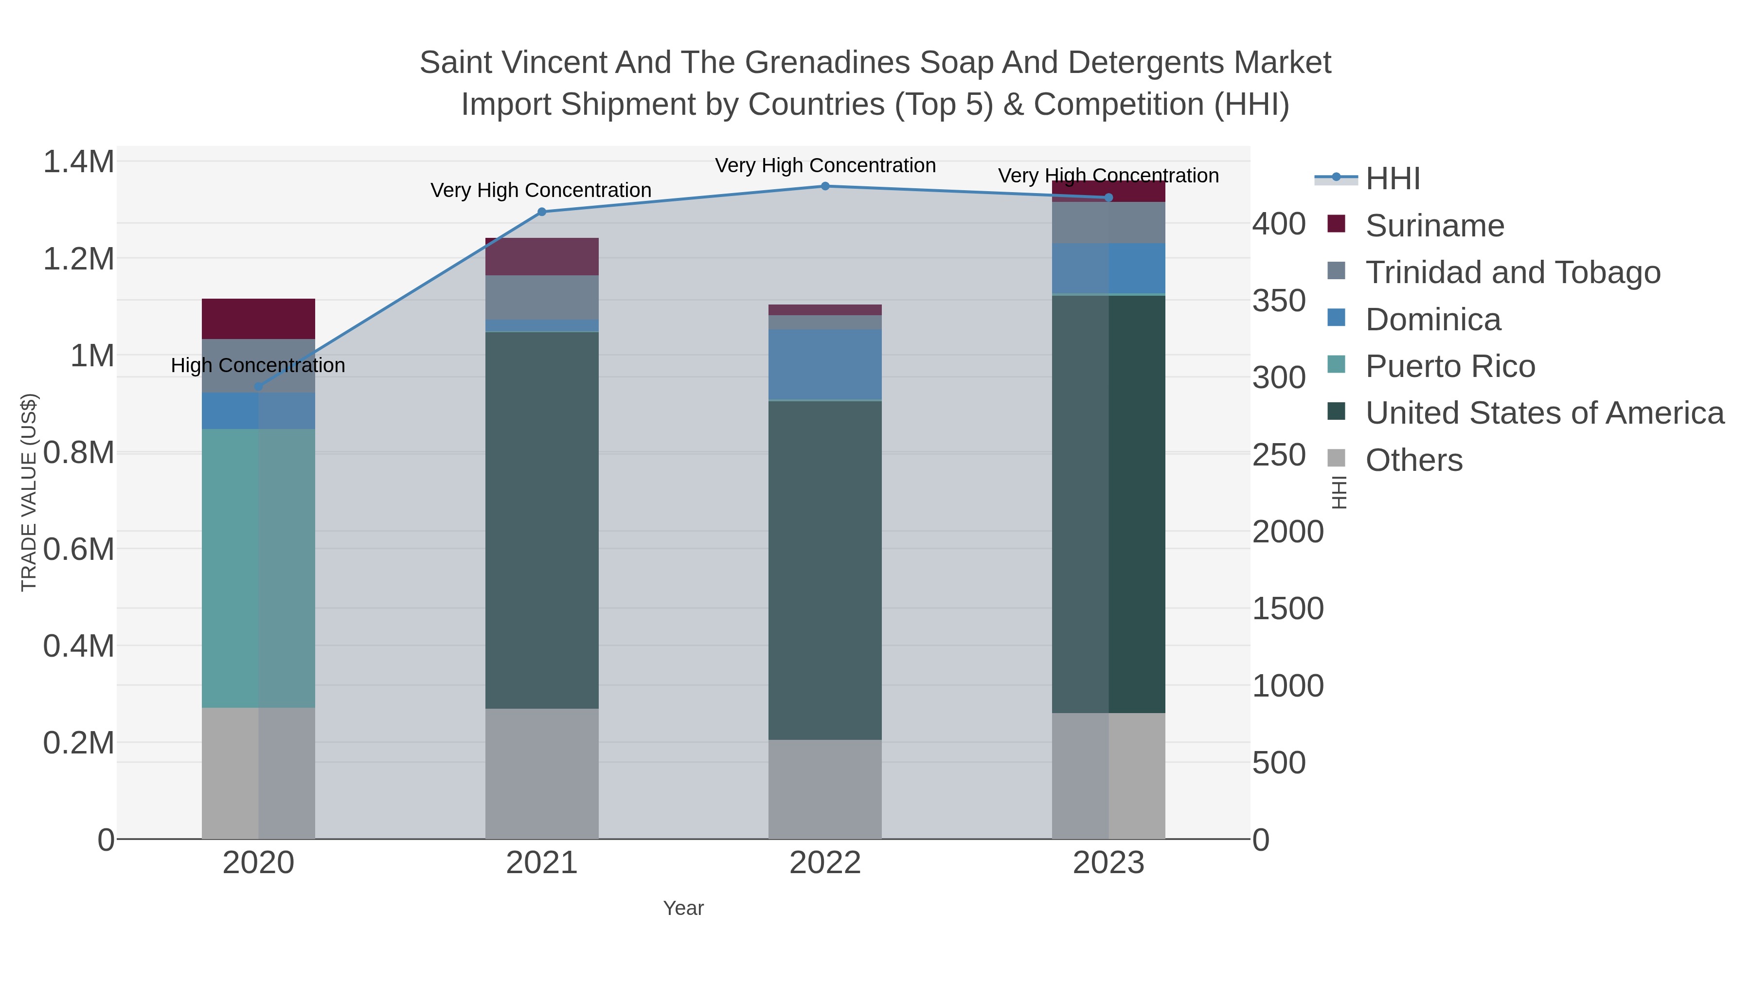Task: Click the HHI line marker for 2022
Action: coord(825,186)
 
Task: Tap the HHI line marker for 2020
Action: coord(258,387)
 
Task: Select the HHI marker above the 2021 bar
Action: coord(542,212)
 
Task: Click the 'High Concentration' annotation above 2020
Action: coord(258,366)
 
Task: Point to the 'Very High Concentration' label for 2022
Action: coord(825,166)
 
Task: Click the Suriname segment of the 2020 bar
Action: coord(258,319)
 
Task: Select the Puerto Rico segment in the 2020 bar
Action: coord(258,568)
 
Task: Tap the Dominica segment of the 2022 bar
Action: coord(825,365)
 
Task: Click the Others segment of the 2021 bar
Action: coord(542,773)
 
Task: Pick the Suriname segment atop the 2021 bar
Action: coord(542,257)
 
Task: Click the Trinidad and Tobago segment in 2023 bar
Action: coord(1108,223)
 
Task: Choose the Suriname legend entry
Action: coord(1434,226)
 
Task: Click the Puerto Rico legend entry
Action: coord(1450,366)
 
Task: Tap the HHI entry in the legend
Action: coord(1392,179)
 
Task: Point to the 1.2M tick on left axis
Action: coord(78,259)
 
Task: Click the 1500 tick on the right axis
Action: coord(1287,609)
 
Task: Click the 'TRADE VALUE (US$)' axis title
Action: coord(29,492)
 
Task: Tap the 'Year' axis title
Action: coord(683,908)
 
